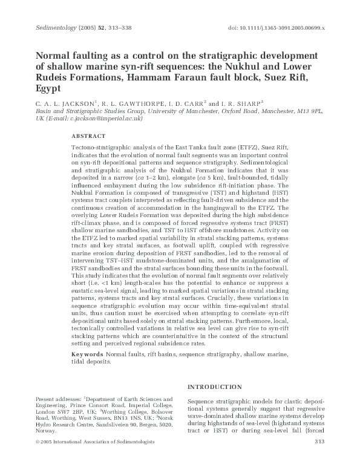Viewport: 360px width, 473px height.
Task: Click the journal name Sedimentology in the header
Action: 48,28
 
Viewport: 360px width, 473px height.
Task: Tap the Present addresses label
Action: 58,400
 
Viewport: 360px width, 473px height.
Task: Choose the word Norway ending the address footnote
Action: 47,431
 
